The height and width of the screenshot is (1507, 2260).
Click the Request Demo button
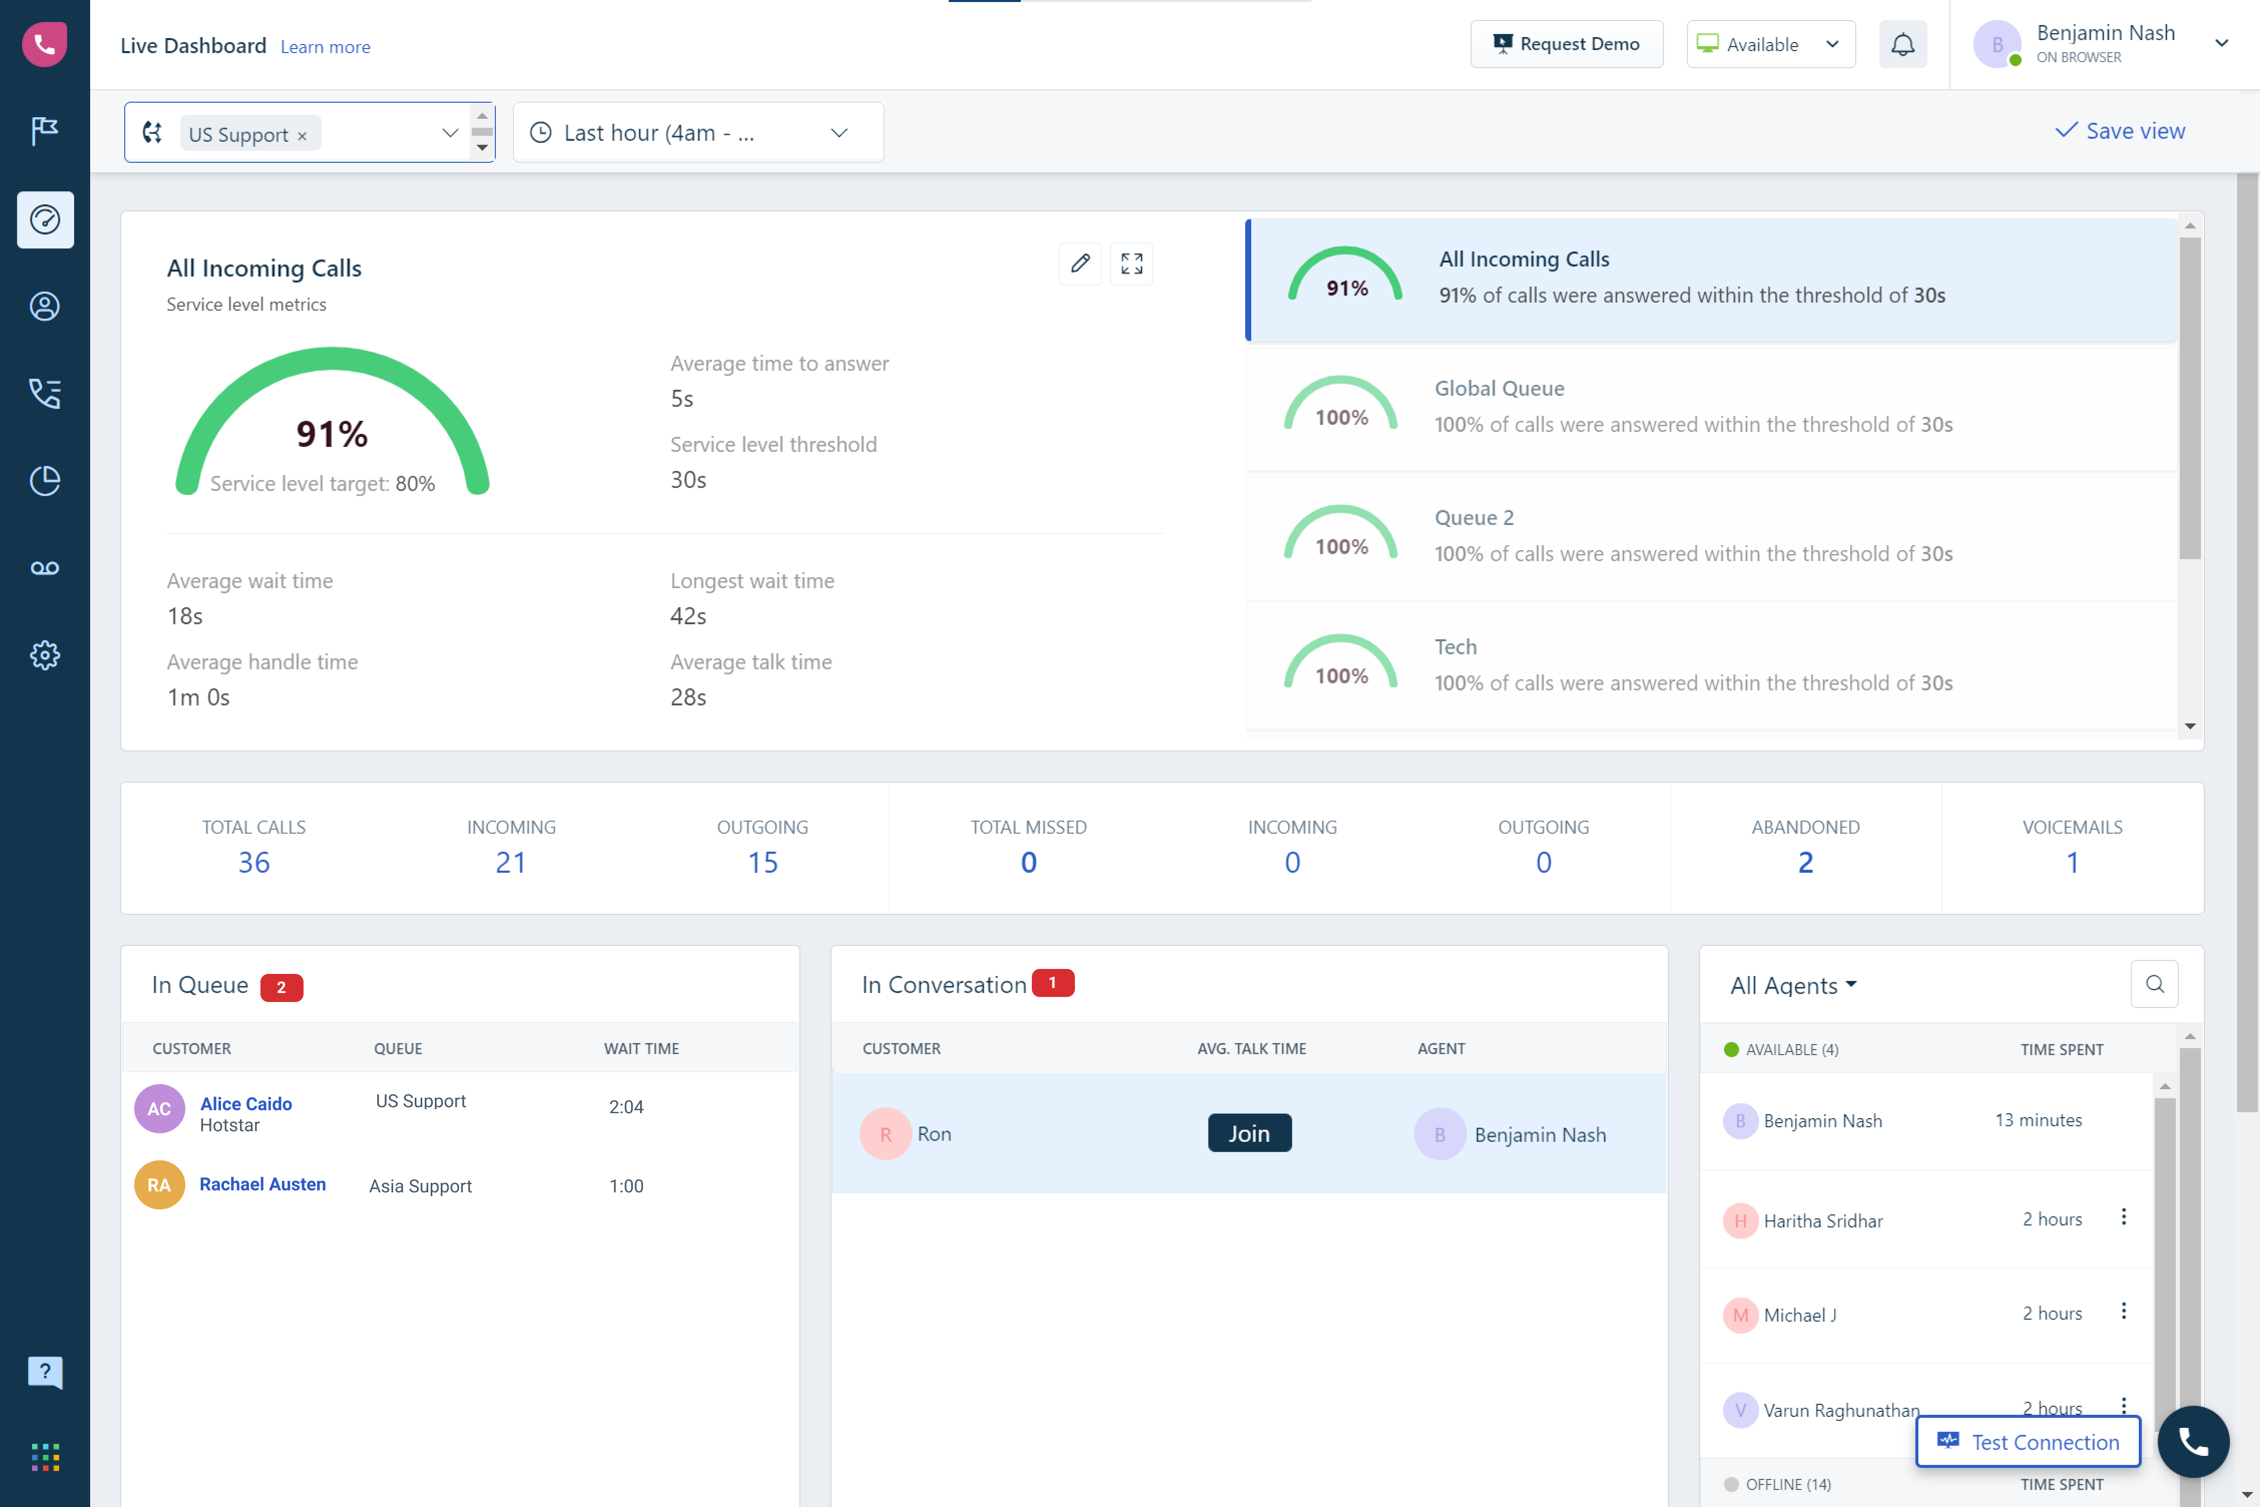coord(1566,44)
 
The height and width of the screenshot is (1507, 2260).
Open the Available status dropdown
coord(1770,44)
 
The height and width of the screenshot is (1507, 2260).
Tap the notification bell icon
coord(1902,44)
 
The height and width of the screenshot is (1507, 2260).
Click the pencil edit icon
coord(1080,264)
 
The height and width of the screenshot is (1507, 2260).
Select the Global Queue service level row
coord(1711,406)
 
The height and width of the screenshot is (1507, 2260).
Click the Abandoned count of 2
coord(1806,862)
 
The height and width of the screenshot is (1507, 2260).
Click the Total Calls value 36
coord(253,862)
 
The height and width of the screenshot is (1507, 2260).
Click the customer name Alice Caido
coord(246,1103)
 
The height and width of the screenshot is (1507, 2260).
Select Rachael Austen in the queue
coord(262,1184)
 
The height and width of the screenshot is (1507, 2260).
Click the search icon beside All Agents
coord(2154,984)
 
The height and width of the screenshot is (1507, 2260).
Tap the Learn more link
coord(325,47)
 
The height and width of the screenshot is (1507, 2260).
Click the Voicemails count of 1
coord(2073,862)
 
